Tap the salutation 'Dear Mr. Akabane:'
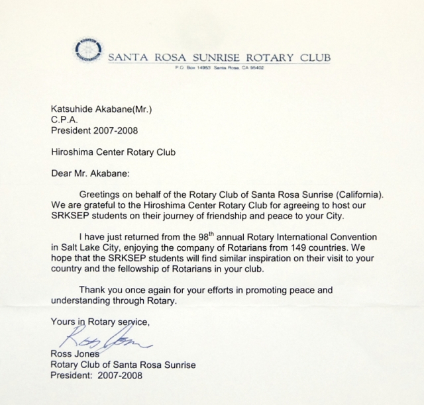pyautogui.click(x=91, y=175)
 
